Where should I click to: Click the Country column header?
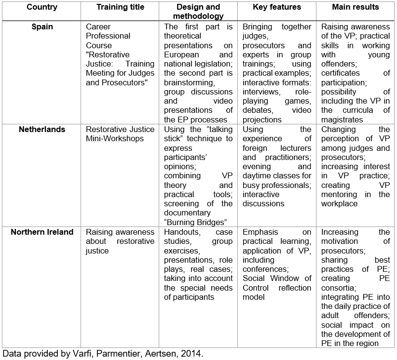click(x=42, y=7)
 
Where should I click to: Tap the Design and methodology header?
click(x=198, y=12)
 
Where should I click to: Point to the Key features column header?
click(x=277, y=7)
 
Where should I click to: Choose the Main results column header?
click(x=356, y=7)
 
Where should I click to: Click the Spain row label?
click(x=42, y=27)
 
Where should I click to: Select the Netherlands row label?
click(x=42, y=129)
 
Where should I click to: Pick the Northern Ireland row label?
click(x=42, y=232)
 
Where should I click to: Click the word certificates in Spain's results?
click(x=341, y=73)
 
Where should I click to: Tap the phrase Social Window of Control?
click(x=277, y=283)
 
